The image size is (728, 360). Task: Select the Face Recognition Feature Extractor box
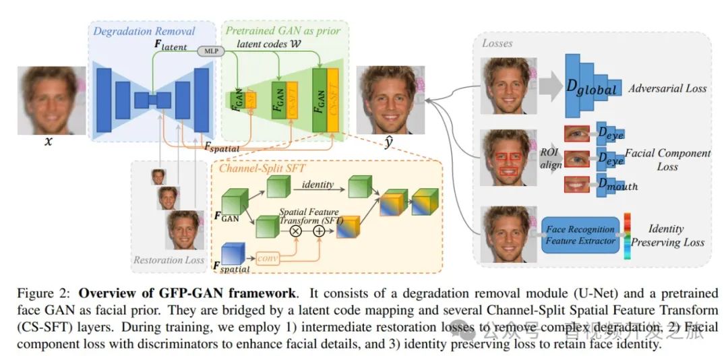[580, 235]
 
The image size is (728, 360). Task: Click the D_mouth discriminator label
[616, 185]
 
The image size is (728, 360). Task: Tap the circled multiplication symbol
[295, 231]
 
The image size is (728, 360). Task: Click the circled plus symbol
[320, 231]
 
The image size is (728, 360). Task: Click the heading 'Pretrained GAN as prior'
[283, 30]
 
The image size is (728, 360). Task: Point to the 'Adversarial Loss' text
[667, 88]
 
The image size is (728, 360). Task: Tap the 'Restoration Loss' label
[169, 260]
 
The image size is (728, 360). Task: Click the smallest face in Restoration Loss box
[158, 177]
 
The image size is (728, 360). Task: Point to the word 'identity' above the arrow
[318, 184]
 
